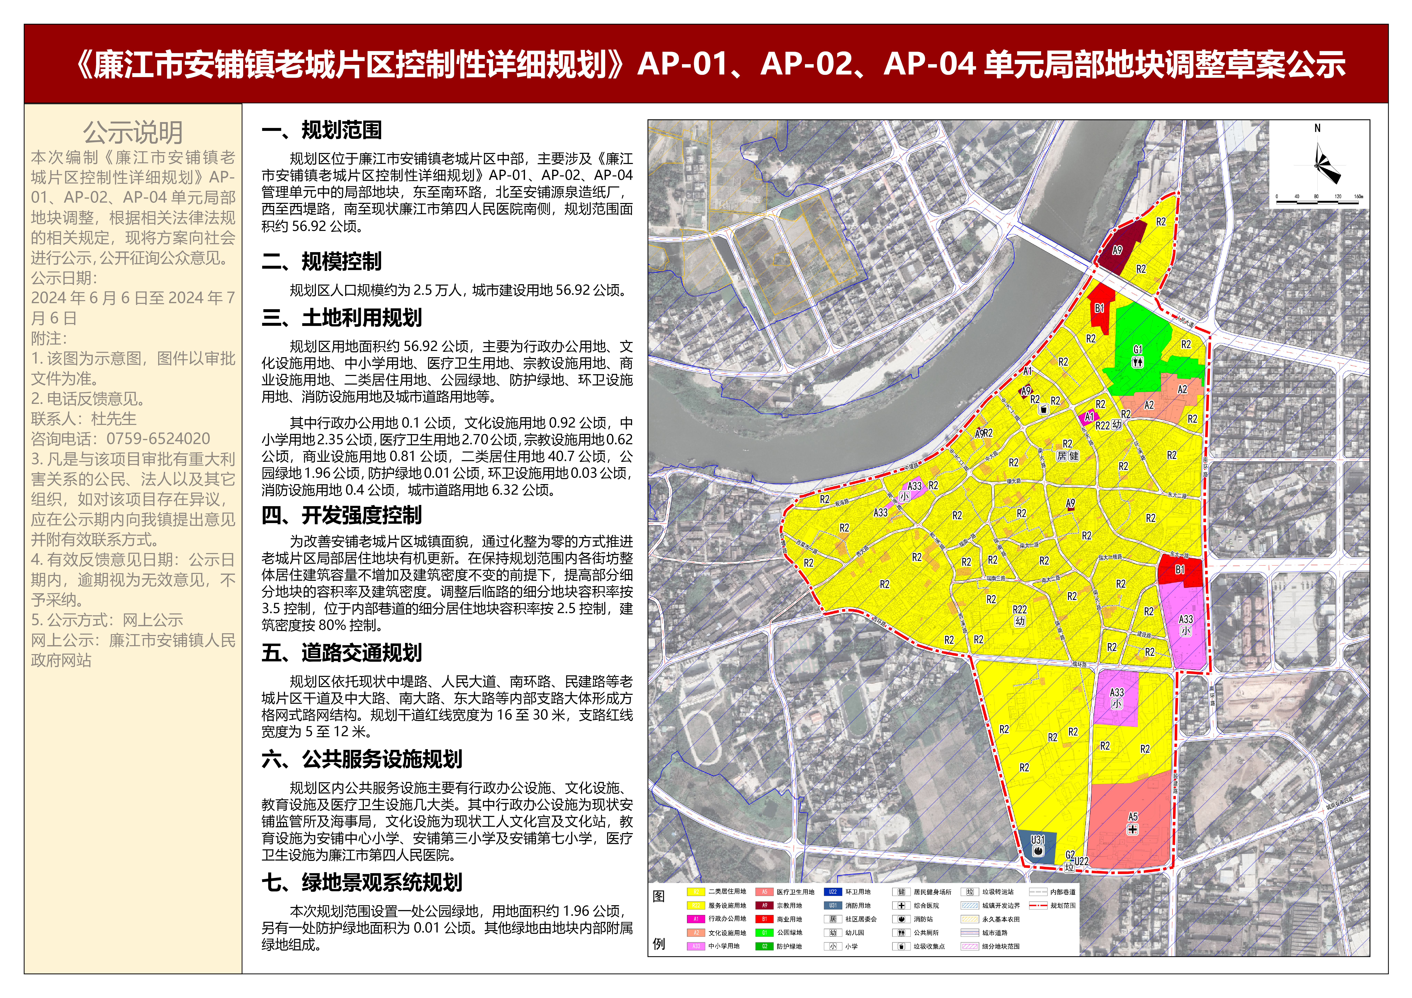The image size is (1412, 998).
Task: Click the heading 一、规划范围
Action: (322, 130)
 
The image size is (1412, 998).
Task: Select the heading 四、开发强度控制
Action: (342, 515)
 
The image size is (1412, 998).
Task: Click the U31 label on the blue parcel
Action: (1037, 839)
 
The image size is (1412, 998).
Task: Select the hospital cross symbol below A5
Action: (1132, 830)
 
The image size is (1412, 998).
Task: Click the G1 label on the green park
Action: (1138, 349)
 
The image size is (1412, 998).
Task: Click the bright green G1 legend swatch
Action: (764, 933)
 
